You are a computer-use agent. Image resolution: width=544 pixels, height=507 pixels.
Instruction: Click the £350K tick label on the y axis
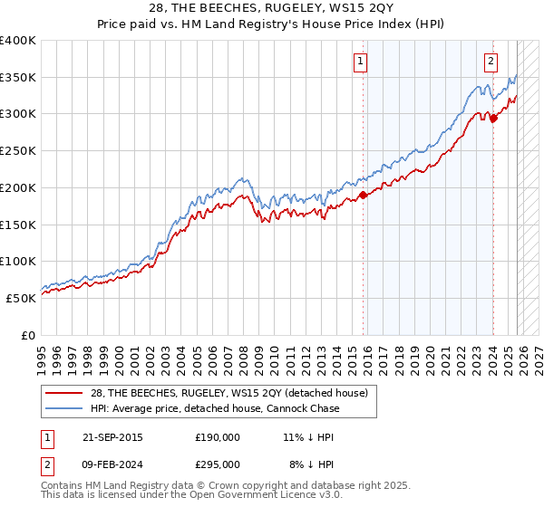pyautogui.click(x=18, y=77)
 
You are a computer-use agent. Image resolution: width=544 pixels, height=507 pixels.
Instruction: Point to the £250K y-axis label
pyautogui.click(x=18, y=150)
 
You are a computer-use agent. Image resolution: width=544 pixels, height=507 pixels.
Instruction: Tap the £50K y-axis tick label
pyautogui.click(x=22, y=297)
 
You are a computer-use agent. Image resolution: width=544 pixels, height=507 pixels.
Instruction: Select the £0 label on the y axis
pyautogui.click(x=30, y=334)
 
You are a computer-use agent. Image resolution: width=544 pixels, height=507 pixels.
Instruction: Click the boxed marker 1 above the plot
pyautogui.click(x=361, y=62)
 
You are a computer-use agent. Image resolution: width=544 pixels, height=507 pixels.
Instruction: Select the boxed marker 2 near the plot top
pyautogui.click(x=491, y=62)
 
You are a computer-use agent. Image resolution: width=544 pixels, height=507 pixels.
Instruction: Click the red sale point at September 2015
pyautogui.click(x=363, y=194)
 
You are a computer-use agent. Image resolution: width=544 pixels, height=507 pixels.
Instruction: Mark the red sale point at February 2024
pyautogui.click(x=493, y=117)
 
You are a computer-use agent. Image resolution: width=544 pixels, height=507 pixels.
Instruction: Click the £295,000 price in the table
pyautogui.click(x=218, y=464)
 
